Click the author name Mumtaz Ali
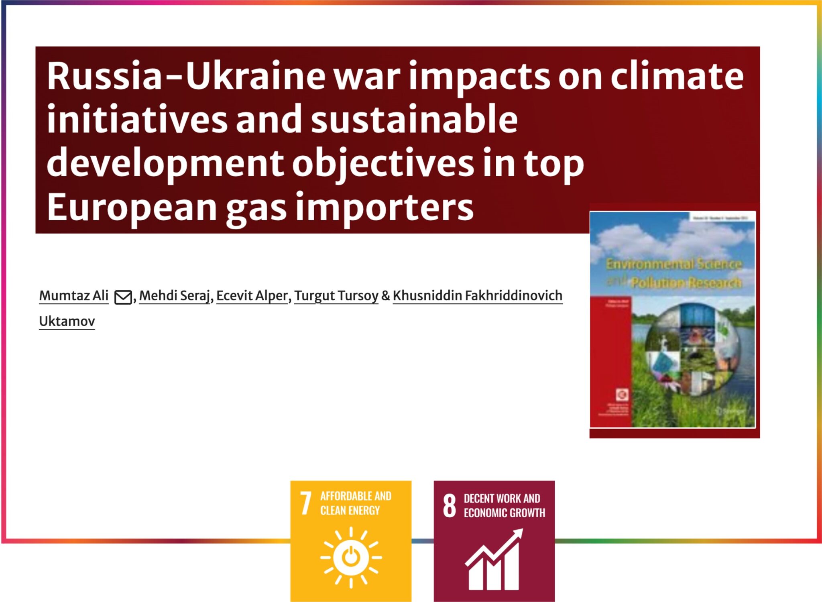point(74,296)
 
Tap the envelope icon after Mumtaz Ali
point(123,297)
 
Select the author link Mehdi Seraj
point(175,296)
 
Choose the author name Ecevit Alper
point(252,296)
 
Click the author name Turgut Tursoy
point(336,296)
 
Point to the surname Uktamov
point(67,321)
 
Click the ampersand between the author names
point(385,296)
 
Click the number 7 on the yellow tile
point(306,503)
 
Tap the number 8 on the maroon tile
point(450,506)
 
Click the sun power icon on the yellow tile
point(351,557)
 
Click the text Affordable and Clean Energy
point(356,503)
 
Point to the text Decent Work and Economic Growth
point(504,506)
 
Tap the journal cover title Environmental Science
point(673,264)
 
